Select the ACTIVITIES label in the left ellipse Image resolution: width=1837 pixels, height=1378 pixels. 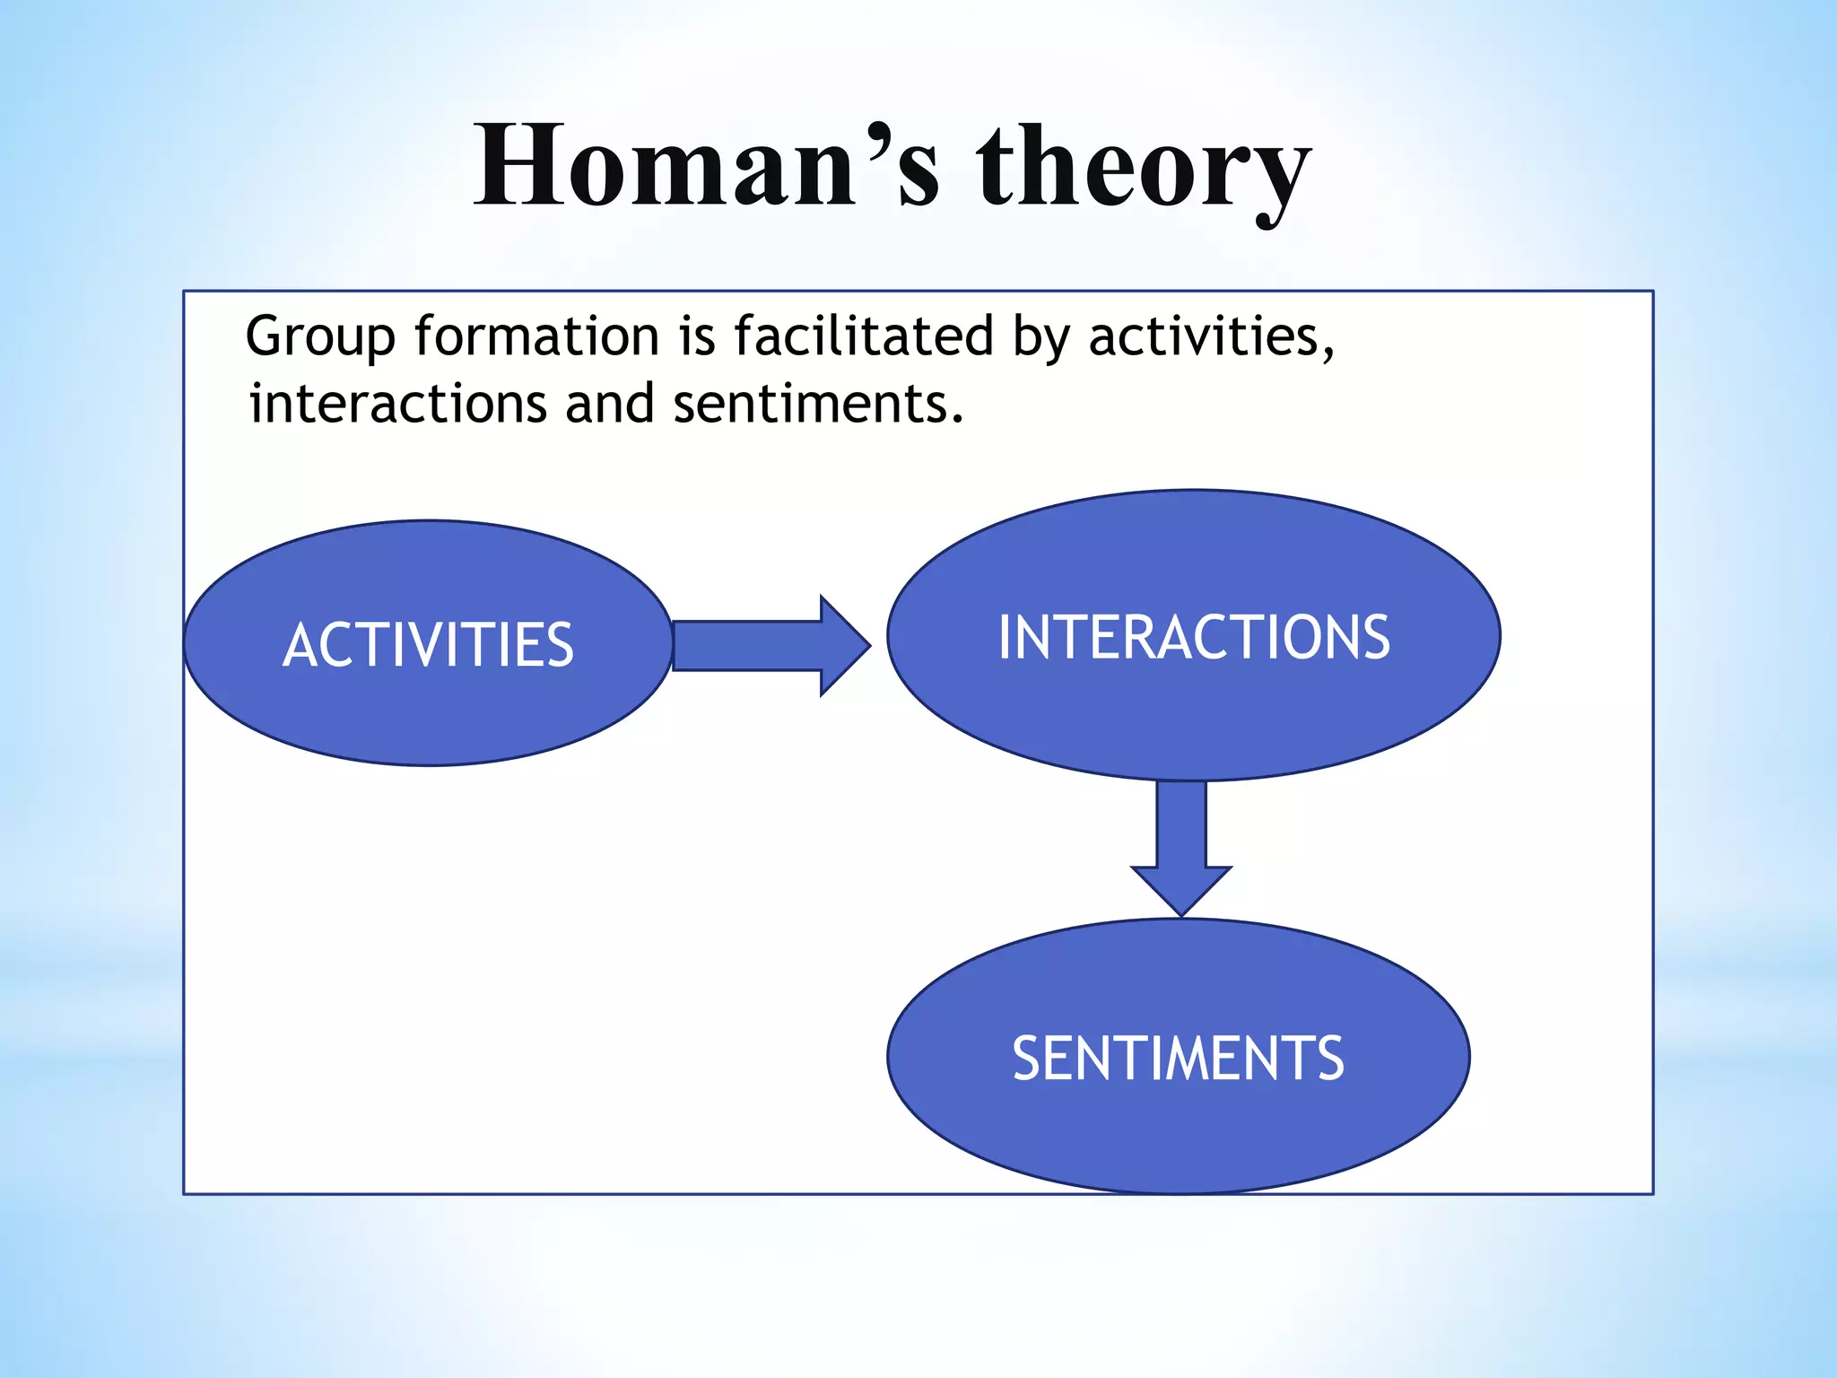tap(428, 645)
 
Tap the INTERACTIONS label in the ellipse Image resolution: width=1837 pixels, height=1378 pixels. tap(1194, 638)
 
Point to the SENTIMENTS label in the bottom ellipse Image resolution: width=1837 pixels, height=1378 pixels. tap(1178, 1059)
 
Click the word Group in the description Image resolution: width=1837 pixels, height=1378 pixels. tap(320, 338)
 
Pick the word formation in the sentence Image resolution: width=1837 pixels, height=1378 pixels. tap(536, 336)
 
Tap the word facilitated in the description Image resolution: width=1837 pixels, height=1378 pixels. tap(863, 336)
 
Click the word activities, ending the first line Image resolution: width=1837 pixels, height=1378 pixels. tap(1211, 336)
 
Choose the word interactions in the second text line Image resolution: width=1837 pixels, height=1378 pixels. tap(397, 405)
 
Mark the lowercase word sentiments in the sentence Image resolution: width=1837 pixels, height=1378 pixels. tap(817, 405)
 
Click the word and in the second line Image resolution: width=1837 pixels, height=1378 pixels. tap(609, 405)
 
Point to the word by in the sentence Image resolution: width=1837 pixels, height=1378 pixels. tap(1040, 338)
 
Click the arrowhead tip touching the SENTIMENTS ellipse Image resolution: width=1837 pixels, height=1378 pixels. tap(1181, 912)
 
